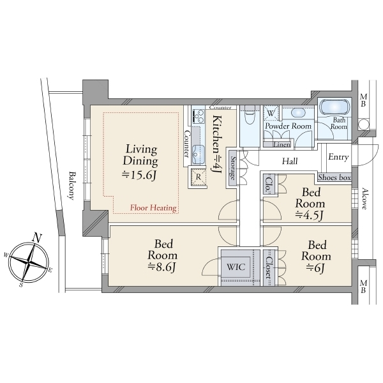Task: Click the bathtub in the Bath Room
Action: click(x=334, y=107)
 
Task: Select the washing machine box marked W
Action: click(x=271, y=113)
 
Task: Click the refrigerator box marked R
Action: click(x=198, y=177)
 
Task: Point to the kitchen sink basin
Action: click(x=198, y=154)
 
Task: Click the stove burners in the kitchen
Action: click(x=199, y=116)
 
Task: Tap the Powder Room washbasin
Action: click(x=298, y=112)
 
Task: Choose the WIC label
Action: click(x=236, y=266)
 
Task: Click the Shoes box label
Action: click(x=334, y=177)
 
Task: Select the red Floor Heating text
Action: click(x=153, y=208)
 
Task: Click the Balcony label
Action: click(x=71, y=186)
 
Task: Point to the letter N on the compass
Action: click(x=37, y=238)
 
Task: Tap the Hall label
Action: click(x=290, y=161)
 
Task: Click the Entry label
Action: click(x=338, y=157)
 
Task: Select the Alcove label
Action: click(x=364, y=199)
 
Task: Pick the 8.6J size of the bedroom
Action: click(x=162, y=267)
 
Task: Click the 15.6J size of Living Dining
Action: click(x=139, y=175)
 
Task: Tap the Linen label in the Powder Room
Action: click(x=282, y=144)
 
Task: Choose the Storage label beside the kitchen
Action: click(x=234, y=168)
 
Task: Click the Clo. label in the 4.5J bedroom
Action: click(x=268, y=184)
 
